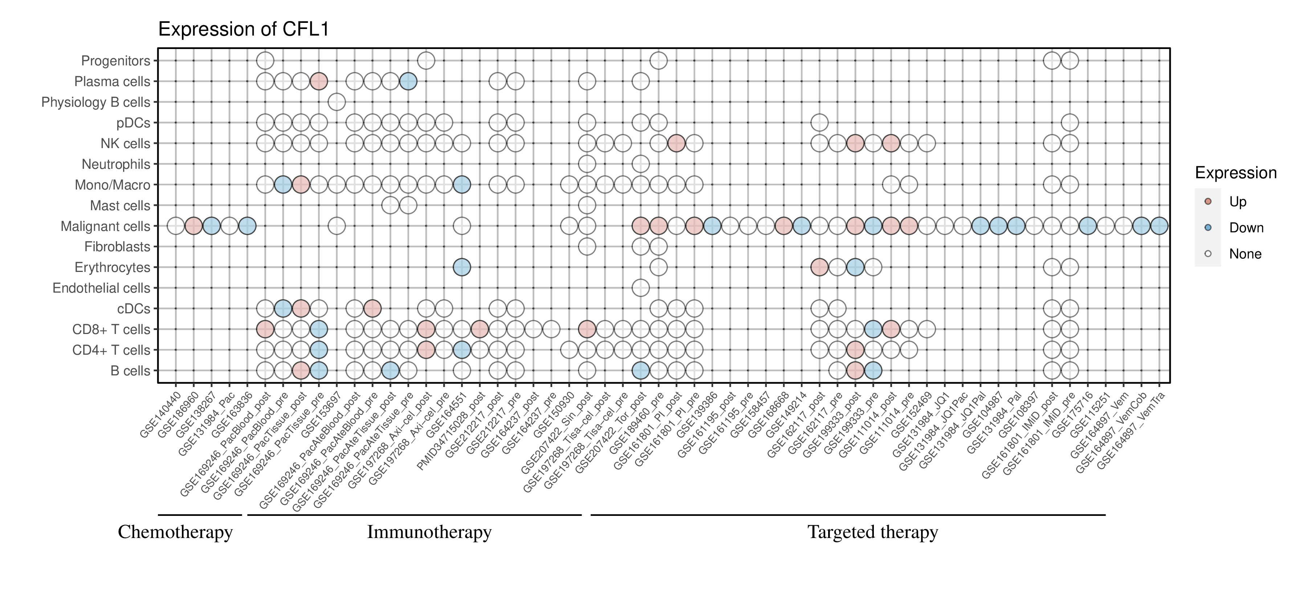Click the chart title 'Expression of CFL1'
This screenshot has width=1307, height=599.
tap(244, 29)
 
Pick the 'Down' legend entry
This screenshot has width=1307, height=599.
tap(1246, 228)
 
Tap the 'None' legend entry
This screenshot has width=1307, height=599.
tap(1245, 254)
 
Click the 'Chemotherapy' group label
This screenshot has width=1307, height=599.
tap(175, 532)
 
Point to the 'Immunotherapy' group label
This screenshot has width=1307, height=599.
tap(429, 532)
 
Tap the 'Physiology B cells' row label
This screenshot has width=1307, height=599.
tap(95, 102)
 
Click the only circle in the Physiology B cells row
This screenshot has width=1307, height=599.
tap(337, 102)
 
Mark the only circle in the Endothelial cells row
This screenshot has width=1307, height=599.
tap(641, 288)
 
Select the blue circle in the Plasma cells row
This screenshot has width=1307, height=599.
tap(408, 81)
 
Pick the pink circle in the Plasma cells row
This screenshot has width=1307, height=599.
tap(319, 81)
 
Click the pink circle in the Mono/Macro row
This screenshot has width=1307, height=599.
tap(301, 185)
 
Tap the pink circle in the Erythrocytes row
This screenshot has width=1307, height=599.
tap(819, 267)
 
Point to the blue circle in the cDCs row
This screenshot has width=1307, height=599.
tap(282, 308)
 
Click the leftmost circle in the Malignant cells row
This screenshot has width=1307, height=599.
tap(176, 226)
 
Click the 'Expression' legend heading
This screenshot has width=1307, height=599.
tap(1235, 173)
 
